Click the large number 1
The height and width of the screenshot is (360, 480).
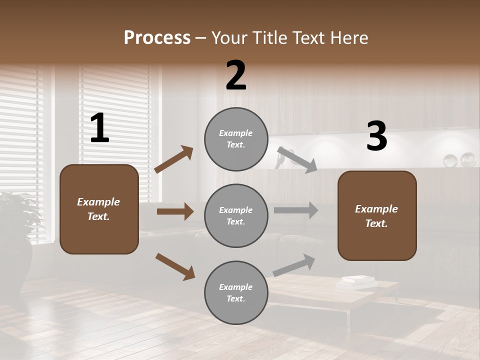pyautogui.click(x=99, y=128)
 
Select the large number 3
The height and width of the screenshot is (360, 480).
pyautogui.click(x=376, y=136)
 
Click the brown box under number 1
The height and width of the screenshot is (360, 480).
pyautogui.click(x=99, y=209)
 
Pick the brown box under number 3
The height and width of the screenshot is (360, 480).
pyautogui.click(x=377, y=215)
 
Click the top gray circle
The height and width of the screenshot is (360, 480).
pyautogui.click(x=236, y=139)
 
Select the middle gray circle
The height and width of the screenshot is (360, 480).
pyautogui.click(x=236, y=215)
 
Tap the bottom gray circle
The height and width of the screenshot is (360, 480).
pyautogui.click(x=236, y=292)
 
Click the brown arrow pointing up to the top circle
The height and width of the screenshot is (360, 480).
pyautogui.click(x=174, y=159)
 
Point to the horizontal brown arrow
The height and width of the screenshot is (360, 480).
pyautogui.click(x=175, y=211)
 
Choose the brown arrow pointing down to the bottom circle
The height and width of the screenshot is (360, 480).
pyautogui.click(x=175, y=266)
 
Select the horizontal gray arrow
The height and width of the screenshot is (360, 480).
pyautogui.click(x=296, y=210)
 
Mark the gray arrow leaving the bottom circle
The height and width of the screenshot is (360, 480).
pyautogui.click(x=294, y=265)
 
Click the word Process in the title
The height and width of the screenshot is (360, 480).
pyautogui.click(x=157, y=38)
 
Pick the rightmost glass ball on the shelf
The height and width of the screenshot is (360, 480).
pyautogui.click(x=468, y=159)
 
